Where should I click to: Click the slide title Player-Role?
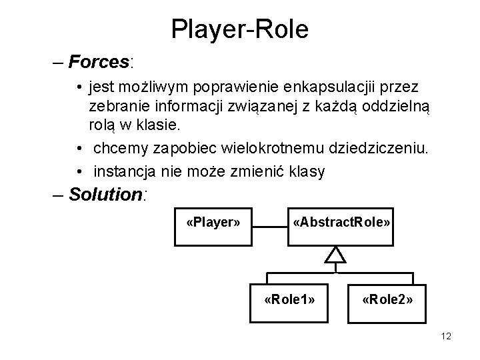click(x=239, y=29)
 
